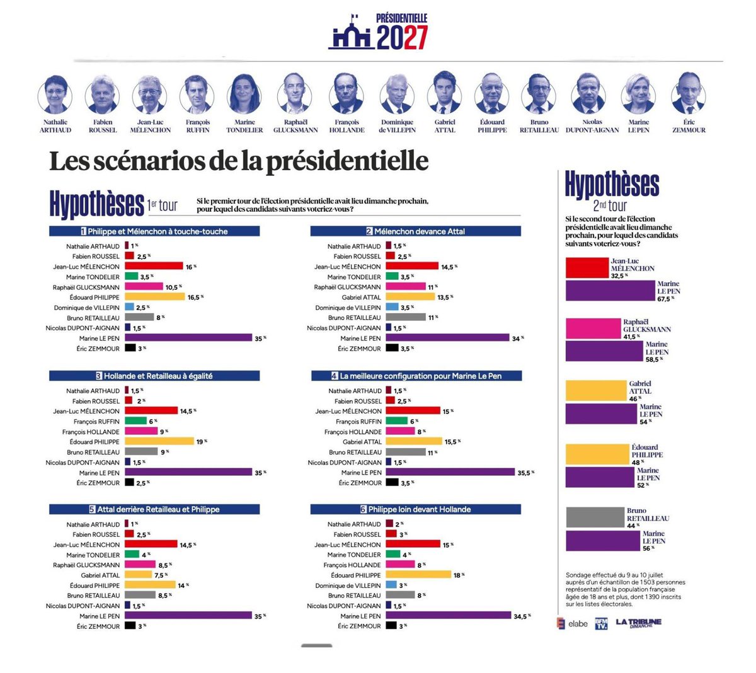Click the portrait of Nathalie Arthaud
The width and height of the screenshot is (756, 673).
click(x=55, y=95)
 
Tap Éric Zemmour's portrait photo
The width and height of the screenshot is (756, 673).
click(x=688, y=93)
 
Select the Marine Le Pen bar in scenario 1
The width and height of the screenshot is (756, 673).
click(x=188, y=338)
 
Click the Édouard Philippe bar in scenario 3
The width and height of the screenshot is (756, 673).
click(x=159, y=441)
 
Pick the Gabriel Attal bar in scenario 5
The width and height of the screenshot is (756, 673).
click(x=139, y=575)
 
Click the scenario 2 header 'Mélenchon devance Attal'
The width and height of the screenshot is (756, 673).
click(x=415, y=231)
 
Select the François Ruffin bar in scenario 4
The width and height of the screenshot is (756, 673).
click(x=397, y=421)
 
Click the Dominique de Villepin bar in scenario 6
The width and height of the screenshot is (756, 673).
click(x=391, y=585)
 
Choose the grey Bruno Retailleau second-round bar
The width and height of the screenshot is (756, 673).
click(x=595, y=517)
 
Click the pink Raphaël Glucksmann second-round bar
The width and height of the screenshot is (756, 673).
click(x=593, y=329)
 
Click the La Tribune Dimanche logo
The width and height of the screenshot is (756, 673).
click(x=638, y=623)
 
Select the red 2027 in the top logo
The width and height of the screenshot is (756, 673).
click(x=415, y=38)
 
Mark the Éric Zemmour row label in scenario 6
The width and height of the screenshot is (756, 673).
click(x=359, y=626)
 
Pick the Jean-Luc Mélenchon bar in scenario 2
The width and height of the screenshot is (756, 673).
click(x=412, y=266)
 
